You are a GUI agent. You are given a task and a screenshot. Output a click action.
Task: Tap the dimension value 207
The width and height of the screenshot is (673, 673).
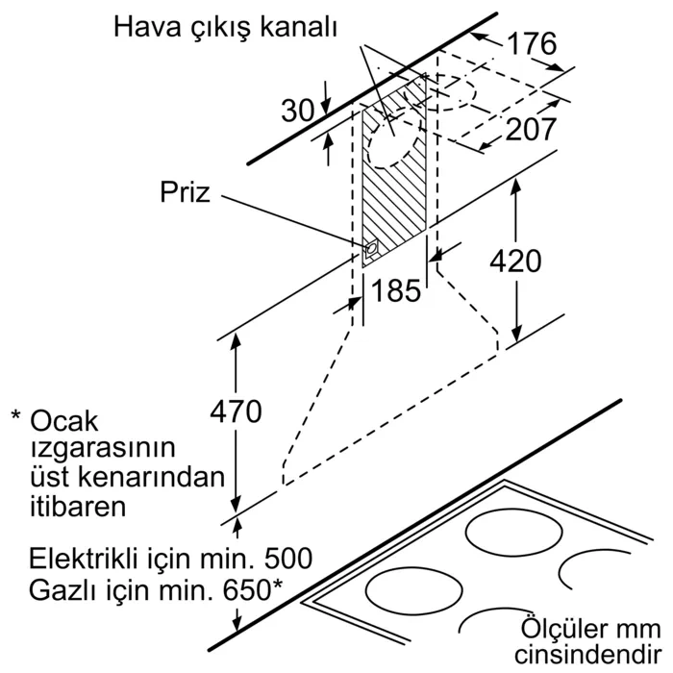coord(531,128)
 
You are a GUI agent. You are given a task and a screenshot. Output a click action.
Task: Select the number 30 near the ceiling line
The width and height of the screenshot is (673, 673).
coord(298,111)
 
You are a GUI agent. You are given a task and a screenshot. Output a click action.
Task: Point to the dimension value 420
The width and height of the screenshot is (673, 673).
coord(514,260)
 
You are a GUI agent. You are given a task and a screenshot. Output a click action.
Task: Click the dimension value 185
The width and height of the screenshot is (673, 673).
coord(395,289)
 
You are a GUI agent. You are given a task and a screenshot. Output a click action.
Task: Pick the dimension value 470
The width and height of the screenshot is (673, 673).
coord(236,411)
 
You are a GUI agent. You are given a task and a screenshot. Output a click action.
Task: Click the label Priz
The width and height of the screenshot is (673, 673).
coord(185,192)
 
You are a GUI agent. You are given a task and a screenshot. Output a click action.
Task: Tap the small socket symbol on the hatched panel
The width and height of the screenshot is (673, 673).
coord(371,250)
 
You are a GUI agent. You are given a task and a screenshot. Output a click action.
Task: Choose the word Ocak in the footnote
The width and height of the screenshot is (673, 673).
coord(66,420)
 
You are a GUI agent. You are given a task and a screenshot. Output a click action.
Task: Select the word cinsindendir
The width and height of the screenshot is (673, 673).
coord(584,656)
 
